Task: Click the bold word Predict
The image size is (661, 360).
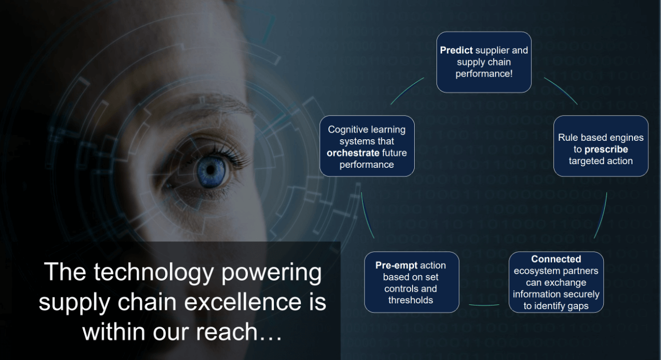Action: pos(457,50)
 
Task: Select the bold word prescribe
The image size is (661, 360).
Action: pos(606,149)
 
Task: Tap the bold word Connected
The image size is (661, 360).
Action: pos(556,259)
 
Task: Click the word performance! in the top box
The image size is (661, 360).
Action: pos(484,74)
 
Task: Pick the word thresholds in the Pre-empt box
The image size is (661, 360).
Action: pos(410,300)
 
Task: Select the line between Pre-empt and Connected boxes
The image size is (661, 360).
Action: pos(484,305)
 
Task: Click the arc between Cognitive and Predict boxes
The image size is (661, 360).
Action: pos(407,91)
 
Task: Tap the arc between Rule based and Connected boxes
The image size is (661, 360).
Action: pos(601,215)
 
